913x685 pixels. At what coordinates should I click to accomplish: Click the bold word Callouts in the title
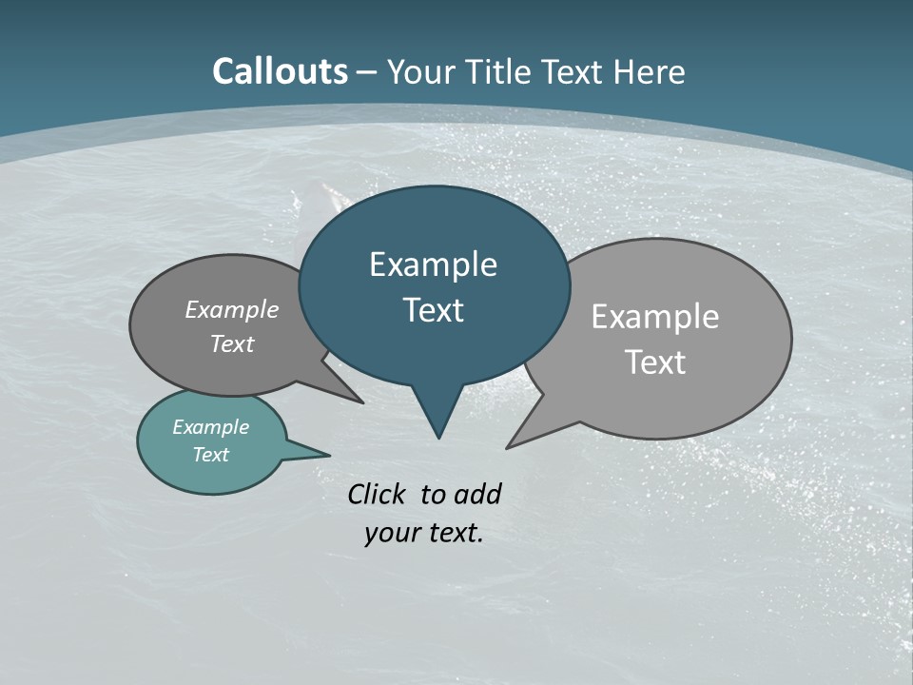(x=280, y=71)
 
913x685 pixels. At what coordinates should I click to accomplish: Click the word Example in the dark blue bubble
(x=433, y=264)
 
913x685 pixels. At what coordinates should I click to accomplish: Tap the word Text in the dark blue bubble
(x=433, y=310)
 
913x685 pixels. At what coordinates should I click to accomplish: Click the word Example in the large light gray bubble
(x=655, y=317)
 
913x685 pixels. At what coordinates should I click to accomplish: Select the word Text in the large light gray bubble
(x=655, y=362)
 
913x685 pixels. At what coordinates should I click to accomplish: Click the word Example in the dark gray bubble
(x=232, y=309)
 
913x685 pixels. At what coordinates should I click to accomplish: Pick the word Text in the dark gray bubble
(x=232, y=343)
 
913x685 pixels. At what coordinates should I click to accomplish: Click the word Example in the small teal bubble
(x=211, y=427)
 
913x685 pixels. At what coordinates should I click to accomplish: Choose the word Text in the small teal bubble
(x=211, y=455)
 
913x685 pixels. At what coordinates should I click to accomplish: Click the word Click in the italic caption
(x=377, y=494)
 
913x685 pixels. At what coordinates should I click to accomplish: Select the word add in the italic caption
(x=477, y=494)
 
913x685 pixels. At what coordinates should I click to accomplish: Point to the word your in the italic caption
(x=391, y=533)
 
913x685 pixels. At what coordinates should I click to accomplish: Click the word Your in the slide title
(x=417, y=72)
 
